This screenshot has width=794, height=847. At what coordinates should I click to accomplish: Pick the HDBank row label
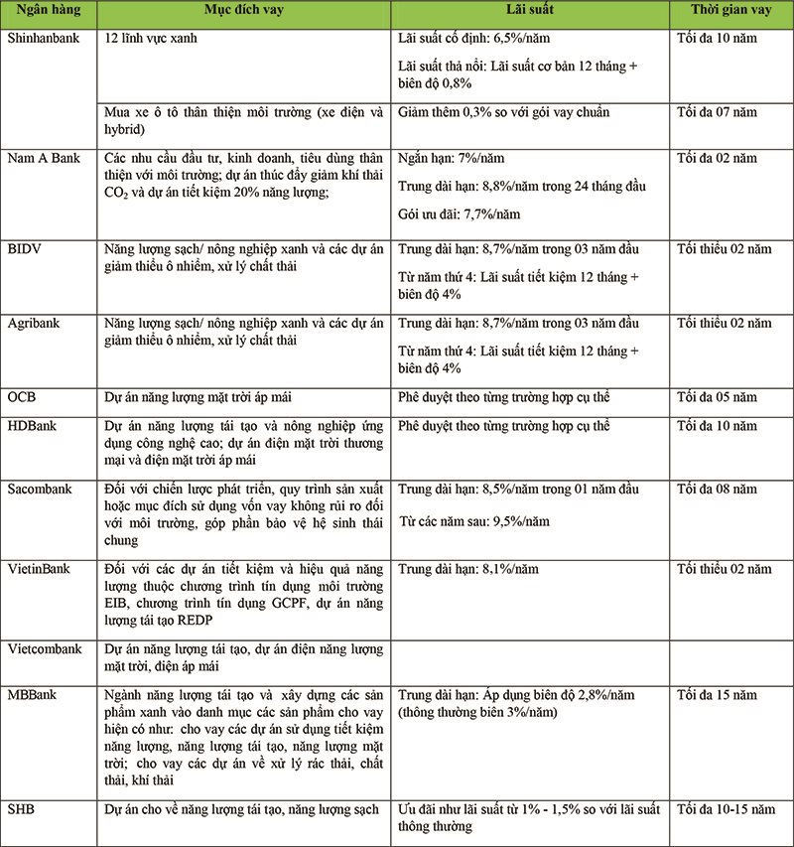(32, 425)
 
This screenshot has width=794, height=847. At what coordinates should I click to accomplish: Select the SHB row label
(21, 808)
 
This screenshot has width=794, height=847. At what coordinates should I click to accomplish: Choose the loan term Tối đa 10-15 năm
(725, 808)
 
